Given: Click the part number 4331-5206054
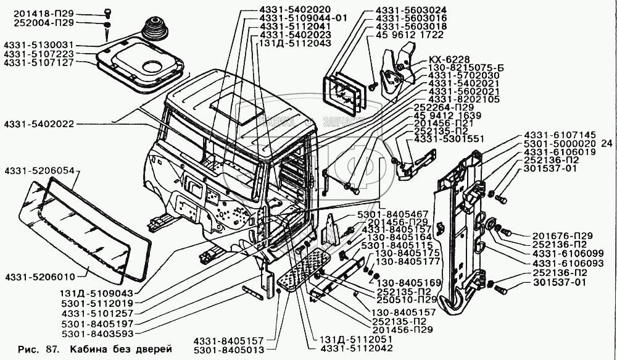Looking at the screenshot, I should click(x=39, y=169).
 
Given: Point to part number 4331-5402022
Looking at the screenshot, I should click(x=38, y=124).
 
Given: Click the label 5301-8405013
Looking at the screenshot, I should click(x=229, y=350).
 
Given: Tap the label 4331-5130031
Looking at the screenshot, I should click(x=39, y=45).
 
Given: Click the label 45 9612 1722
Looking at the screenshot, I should click(x=408, y=35).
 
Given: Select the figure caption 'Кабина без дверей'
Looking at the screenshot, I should click(x=121, y=348).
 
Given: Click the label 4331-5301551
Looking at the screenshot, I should click(x=449, y=140).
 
